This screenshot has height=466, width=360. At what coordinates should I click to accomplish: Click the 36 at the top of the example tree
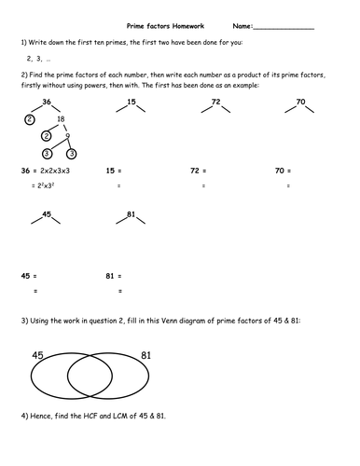(x=46, y=102)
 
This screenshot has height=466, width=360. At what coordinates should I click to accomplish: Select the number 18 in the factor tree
(x=62, y=119)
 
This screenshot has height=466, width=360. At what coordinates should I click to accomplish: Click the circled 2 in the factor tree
(x=30, y=119)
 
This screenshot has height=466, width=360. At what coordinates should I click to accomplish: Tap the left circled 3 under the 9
(x=47, y=154)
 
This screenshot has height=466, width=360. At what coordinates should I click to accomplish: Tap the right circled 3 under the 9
(x=71, y=154)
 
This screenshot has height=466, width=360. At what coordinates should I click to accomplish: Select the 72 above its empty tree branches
(x=215, y=102)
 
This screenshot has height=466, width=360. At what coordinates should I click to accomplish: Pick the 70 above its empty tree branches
(x=300, y=102)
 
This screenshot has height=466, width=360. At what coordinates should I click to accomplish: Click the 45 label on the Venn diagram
(x=38, y=355)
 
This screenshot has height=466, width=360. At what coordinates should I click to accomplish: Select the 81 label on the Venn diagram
(x=146, y=355)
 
